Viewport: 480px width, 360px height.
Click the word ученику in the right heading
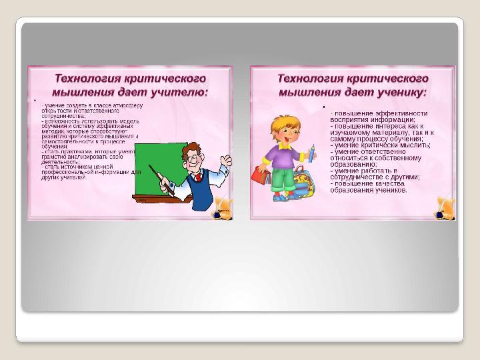coord(401,91)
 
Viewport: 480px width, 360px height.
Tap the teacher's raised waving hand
coord(227,161)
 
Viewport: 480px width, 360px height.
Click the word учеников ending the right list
coord(387,189)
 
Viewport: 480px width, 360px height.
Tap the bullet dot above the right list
coord(323,107)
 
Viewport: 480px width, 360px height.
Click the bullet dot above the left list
coord(34,101)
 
